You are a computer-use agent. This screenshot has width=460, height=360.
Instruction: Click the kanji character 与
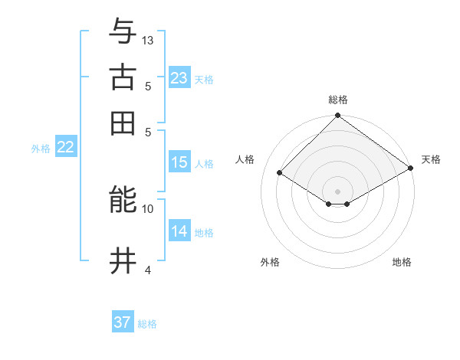click(123, 32)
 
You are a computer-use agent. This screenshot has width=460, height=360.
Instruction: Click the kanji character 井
click(123, 261)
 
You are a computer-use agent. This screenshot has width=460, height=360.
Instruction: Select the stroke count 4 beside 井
click(148, 270)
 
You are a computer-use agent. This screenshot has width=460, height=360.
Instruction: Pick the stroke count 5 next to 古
click(148, 86)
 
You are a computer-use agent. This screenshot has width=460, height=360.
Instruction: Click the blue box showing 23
click(179, 78)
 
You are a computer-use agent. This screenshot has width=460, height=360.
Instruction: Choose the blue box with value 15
click(179, 162)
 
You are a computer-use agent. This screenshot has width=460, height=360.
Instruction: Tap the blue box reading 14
click(179, 231)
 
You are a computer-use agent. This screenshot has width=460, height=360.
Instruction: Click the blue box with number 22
click(65, 148)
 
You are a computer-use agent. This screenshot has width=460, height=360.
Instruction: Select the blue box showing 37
click(122, 322)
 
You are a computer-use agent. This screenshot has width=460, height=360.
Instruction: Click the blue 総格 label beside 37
click(147, 324)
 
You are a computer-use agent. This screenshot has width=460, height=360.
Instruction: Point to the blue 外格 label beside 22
click(41, 149)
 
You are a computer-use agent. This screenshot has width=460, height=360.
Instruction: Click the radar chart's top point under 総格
click(337, 116)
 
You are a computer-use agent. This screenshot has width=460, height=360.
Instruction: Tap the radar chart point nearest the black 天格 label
click(411, 169)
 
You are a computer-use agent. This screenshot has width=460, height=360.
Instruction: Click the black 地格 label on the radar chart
click(402, 262)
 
